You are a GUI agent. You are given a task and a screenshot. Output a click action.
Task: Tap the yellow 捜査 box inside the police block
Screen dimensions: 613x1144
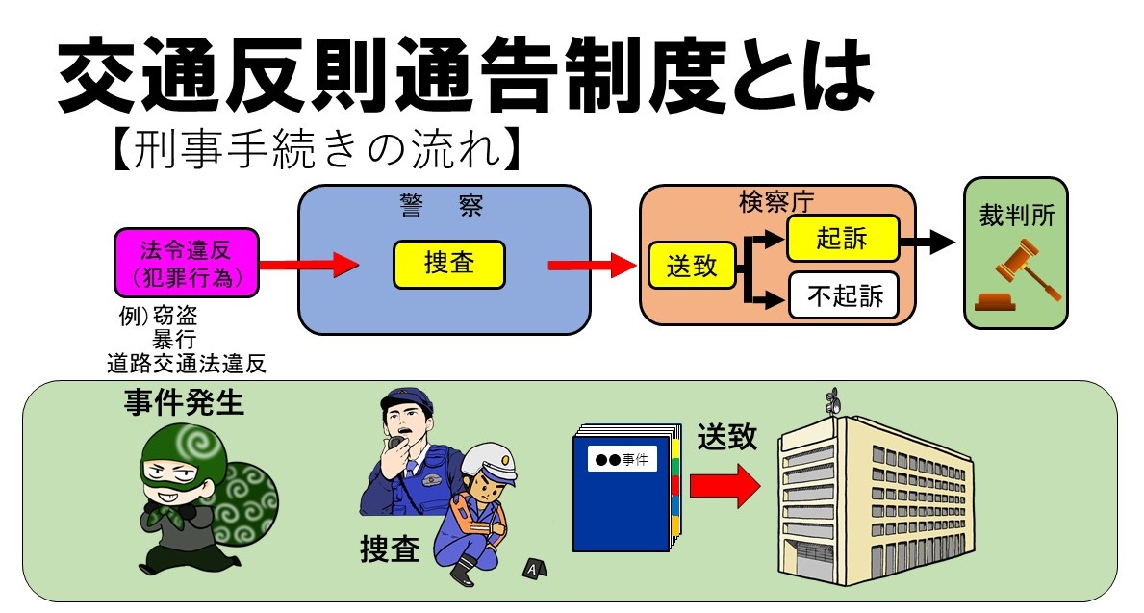448,264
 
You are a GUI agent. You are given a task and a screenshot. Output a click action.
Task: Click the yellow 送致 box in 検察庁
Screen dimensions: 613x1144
692,266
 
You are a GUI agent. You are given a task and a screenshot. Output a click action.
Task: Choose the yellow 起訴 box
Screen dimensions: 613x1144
842,237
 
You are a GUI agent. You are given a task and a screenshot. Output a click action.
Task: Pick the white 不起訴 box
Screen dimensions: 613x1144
843,295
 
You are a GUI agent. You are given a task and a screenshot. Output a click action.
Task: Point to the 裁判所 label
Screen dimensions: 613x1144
1016,215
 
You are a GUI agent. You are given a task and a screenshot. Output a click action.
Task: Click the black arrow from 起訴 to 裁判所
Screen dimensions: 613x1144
928,241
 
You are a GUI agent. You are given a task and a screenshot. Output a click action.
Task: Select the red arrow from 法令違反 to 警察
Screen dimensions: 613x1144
308,265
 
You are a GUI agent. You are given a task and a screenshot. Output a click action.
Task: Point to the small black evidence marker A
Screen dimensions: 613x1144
531,569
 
